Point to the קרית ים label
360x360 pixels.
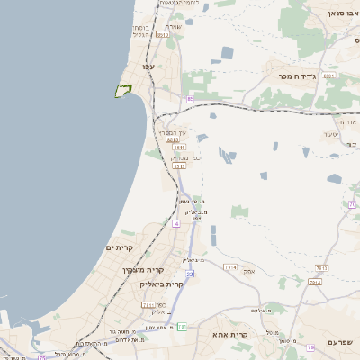(x=120, y=247)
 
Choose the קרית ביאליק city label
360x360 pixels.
(x=162, y=283)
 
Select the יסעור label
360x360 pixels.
(x=330, y=134)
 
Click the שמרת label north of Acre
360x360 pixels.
(x=175, y=26)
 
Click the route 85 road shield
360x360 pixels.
(x=190, y=99)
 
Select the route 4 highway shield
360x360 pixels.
(x=176, y=221)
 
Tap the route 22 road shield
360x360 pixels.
(x=190, y=274)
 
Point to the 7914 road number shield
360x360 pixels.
(x=229, y=267)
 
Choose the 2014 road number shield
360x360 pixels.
(x=315, y=283)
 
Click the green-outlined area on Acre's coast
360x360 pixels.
(x=122, y=91)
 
